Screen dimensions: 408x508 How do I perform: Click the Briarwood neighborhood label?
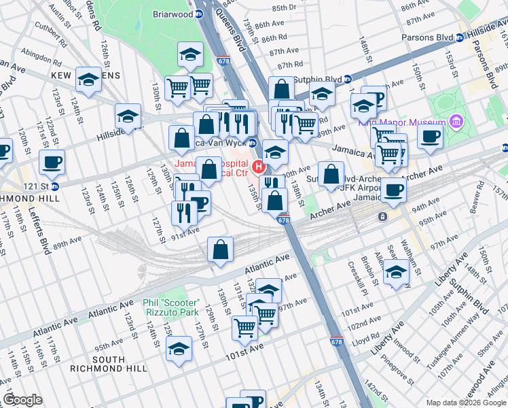pos(173,14)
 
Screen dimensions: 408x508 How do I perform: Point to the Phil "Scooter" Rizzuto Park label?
pos(170,307)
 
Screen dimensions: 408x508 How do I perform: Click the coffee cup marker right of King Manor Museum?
pos(429,136)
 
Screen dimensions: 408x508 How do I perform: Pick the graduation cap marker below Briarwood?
pos(191,54)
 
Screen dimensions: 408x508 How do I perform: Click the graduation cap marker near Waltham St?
pos(397,273)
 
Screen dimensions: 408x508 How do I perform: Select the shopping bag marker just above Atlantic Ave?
pos(221,250)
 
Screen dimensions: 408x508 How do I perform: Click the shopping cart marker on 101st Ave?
pos(244,328)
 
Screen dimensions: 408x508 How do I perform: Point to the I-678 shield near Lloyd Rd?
pos(335,345)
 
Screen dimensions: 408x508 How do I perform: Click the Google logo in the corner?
pos(22,400)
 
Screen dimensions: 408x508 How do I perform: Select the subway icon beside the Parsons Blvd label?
pos(460,37)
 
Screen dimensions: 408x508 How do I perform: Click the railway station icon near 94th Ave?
pos(383,217)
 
